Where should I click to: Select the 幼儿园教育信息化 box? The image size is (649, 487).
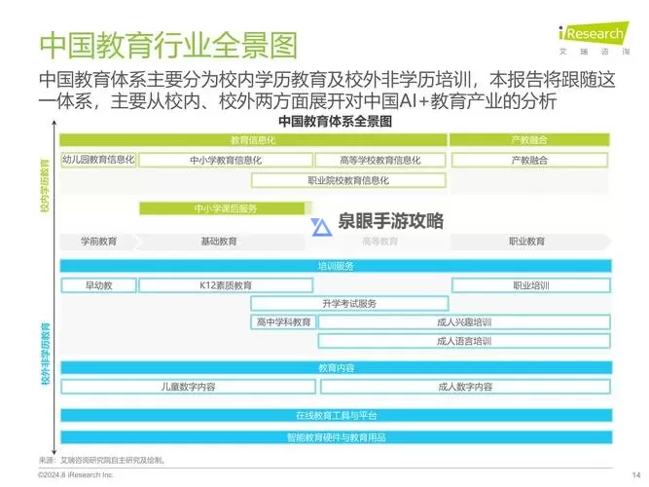pos(97,159)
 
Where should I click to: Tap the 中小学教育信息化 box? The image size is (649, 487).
pos(225,160)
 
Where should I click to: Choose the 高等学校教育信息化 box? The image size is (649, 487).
pos(380,160)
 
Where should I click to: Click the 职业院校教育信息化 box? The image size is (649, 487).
pos(348,179)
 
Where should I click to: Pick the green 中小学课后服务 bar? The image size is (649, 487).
pos(225,208)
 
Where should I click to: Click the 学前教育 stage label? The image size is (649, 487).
pos(97,241)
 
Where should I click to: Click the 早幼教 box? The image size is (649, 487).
pos(97,285)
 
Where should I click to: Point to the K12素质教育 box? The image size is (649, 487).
pos(225,285)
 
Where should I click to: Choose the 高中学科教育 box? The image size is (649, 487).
pos(283,321)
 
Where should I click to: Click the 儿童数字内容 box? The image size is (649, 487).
pos(188,387)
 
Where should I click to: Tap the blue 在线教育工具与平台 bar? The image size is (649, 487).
pos(336,415)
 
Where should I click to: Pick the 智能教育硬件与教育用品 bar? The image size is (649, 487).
pos(336,437)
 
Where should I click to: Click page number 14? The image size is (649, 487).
pos(621,474)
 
